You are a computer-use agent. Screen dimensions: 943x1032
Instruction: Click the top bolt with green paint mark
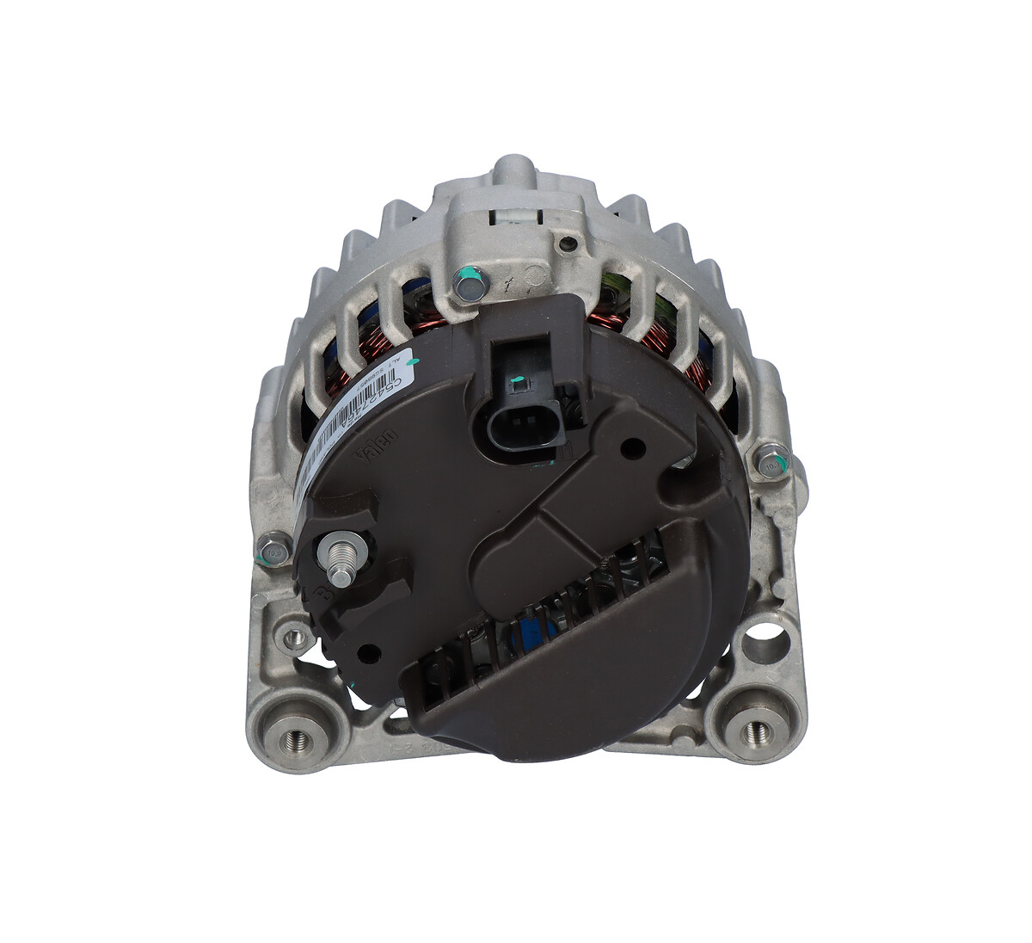pos(469,282)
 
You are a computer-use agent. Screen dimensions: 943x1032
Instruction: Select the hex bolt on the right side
pos(769,462)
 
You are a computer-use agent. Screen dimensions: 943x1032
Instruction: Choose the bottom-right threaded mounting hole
pos(757,731)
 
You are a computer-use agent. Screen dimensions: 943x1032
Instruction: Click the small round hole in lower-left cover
pos(371,652)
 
